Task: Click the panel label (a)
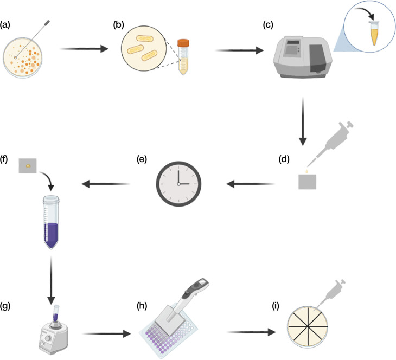click(6, 24)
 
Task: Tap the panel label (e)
click(141, 159)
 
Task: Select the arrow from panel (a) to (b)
click(81, 49)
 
